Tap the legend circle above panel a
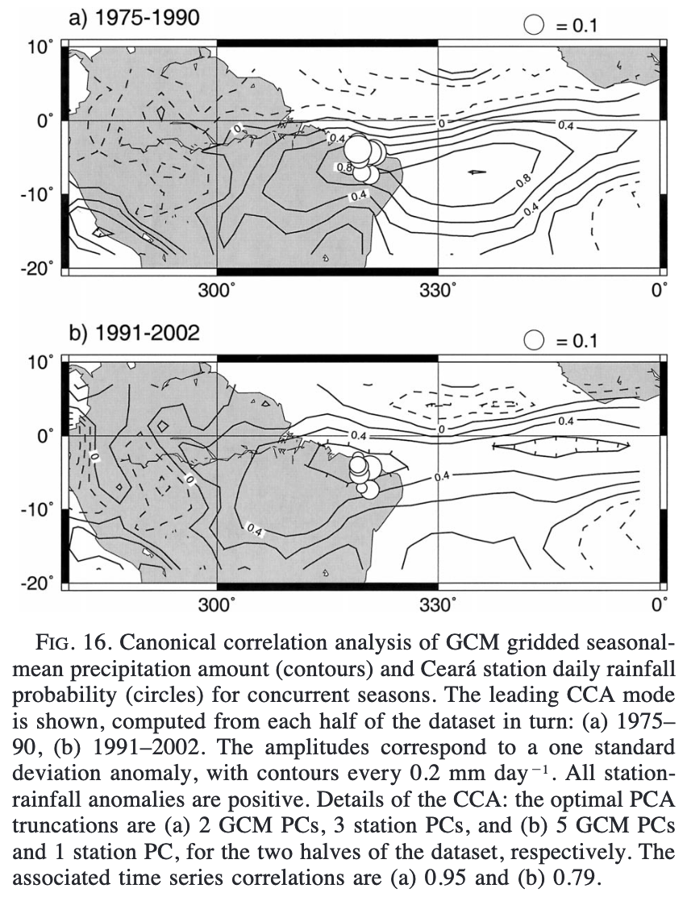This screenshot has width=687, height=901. pos(534,26)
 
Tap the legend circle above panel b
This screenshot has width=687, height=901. pos(534,341)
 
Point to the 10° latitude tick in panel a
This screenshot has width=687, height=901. pos(38,47)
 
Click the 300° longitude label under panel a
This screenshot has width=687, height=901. pos(217,291)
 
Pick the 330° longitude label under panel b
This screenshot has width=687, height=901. pos(438,605)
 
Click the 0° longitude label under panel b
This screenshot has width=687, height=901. pos(660,605)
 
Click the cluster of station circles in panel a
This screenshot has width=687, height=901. pos(365,155)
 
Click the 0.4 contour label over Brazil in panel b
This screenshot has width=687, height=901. pos(253,529)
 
